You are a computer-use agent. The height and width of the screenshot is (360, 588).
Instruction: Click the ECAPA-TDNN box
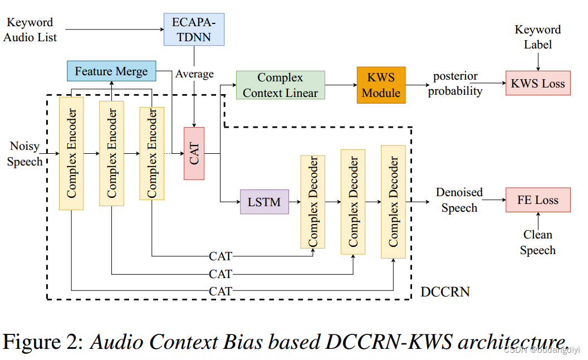coord(194,29)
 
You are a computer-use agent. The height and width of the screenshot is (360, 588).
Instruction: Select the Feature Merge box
coord(111,71)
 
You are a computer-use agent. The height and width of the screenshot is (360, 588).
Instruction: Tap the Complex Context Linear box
coord(280,85)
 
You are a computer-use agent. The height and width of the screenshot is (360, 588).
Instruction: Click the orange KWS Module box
coord(381,85)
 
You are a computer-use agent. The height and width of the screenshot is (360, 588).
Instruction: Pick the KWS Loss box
coord(537,84)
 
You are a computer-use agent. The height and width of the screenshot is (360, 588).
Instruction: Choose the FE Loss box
coord(537,200)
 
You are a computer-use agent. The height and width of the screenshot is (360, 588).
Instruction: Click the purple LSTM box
coord(264,202)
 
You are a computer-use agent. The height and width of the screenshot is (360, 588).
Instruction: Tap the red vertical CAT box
coord(194,153)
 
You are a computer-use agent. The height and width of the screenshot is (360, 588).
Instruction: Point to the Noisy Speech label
coord(25,154)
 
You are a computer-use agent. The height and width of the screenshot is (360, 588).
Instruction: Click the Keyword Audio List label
coord(30,30)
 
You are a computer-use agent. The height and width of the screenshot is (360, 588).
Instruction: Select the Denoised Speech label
coord(459,200)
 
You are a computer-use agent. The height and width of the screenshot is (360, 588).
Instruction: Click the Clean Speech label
coord(537,242)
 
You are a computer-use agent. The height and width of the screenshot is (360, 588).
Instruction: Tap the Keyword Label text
coord(537,37)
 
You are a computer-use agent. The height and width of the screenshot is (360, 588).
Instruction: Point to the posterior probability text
coord(455,84)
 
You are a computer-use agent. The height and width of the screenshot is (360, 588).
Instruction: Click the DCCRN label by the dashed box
coord(445,291)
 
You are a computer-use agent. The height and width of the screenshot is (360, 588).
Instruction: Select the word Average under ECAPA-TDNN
coord(194,74)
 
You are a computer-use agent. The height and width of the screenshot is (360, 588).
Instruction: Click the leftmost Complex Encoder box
coord(71,153)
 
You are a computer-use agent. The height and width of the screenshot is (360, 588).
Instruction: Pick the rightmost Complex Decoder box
coord(393,201)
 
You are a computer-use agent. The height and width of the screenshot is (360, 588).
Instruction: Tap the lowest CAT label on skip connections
coord(220,291)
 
